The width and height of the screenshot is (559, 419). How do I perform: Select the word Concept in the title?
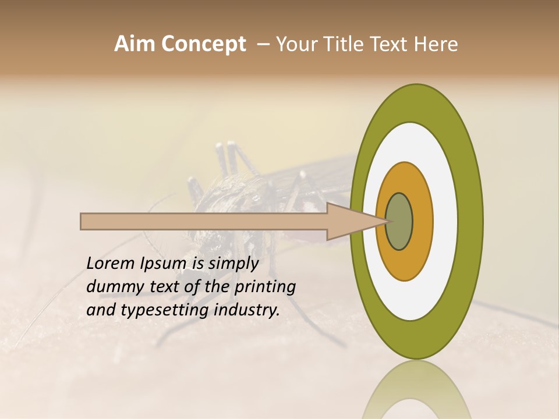pos(203,44)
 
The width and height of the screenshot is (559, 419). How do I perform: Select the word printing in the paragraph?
pos(265,287)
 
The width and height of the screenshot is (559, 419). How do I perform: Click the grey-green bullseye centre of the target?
pos(399,222)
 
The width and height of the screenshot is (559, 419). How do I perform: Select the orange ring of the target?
pos(422,222)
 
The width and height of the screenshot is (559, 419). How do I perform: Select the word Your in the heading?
pos(295,44)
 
